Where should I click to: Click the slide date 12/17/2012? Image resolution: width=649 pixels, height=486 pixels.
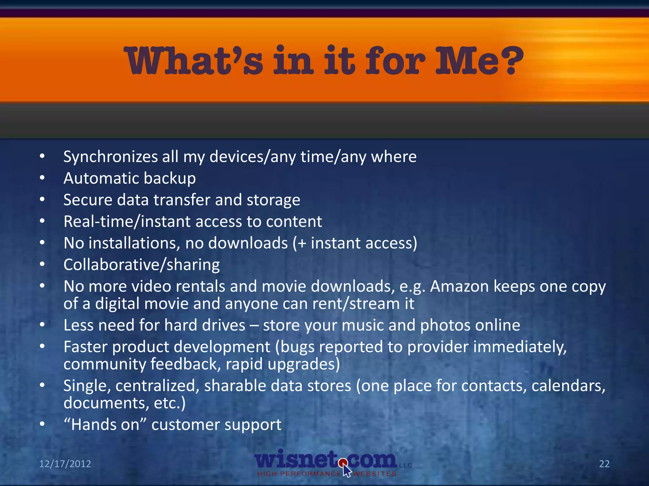[x=65, y=464]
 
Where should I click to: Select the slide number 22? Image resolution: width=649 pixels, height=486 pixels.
[x=604, y=464]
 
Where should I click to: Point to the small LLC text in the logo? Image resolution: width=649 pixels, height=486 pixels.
[x=406, y=465]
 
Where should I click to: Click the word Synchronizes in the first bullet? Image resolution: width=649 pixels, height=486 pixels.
[x=111, y=157]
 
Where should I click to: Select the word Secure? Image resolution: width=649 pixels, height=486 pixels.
[x=88, y=200]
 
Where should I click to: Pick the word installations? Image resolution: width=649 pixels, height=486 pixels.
[x=134, y=243]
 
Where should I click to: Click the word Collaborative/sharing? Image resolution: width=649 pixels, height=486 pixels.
[x=141, y=265]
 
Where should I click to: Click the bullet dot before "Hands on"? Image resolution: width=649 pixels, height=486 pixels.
[x=42, y=424]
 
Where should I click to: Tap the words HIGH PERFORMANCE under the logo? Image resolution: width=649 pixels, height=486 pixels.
[x=299, y=474]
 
